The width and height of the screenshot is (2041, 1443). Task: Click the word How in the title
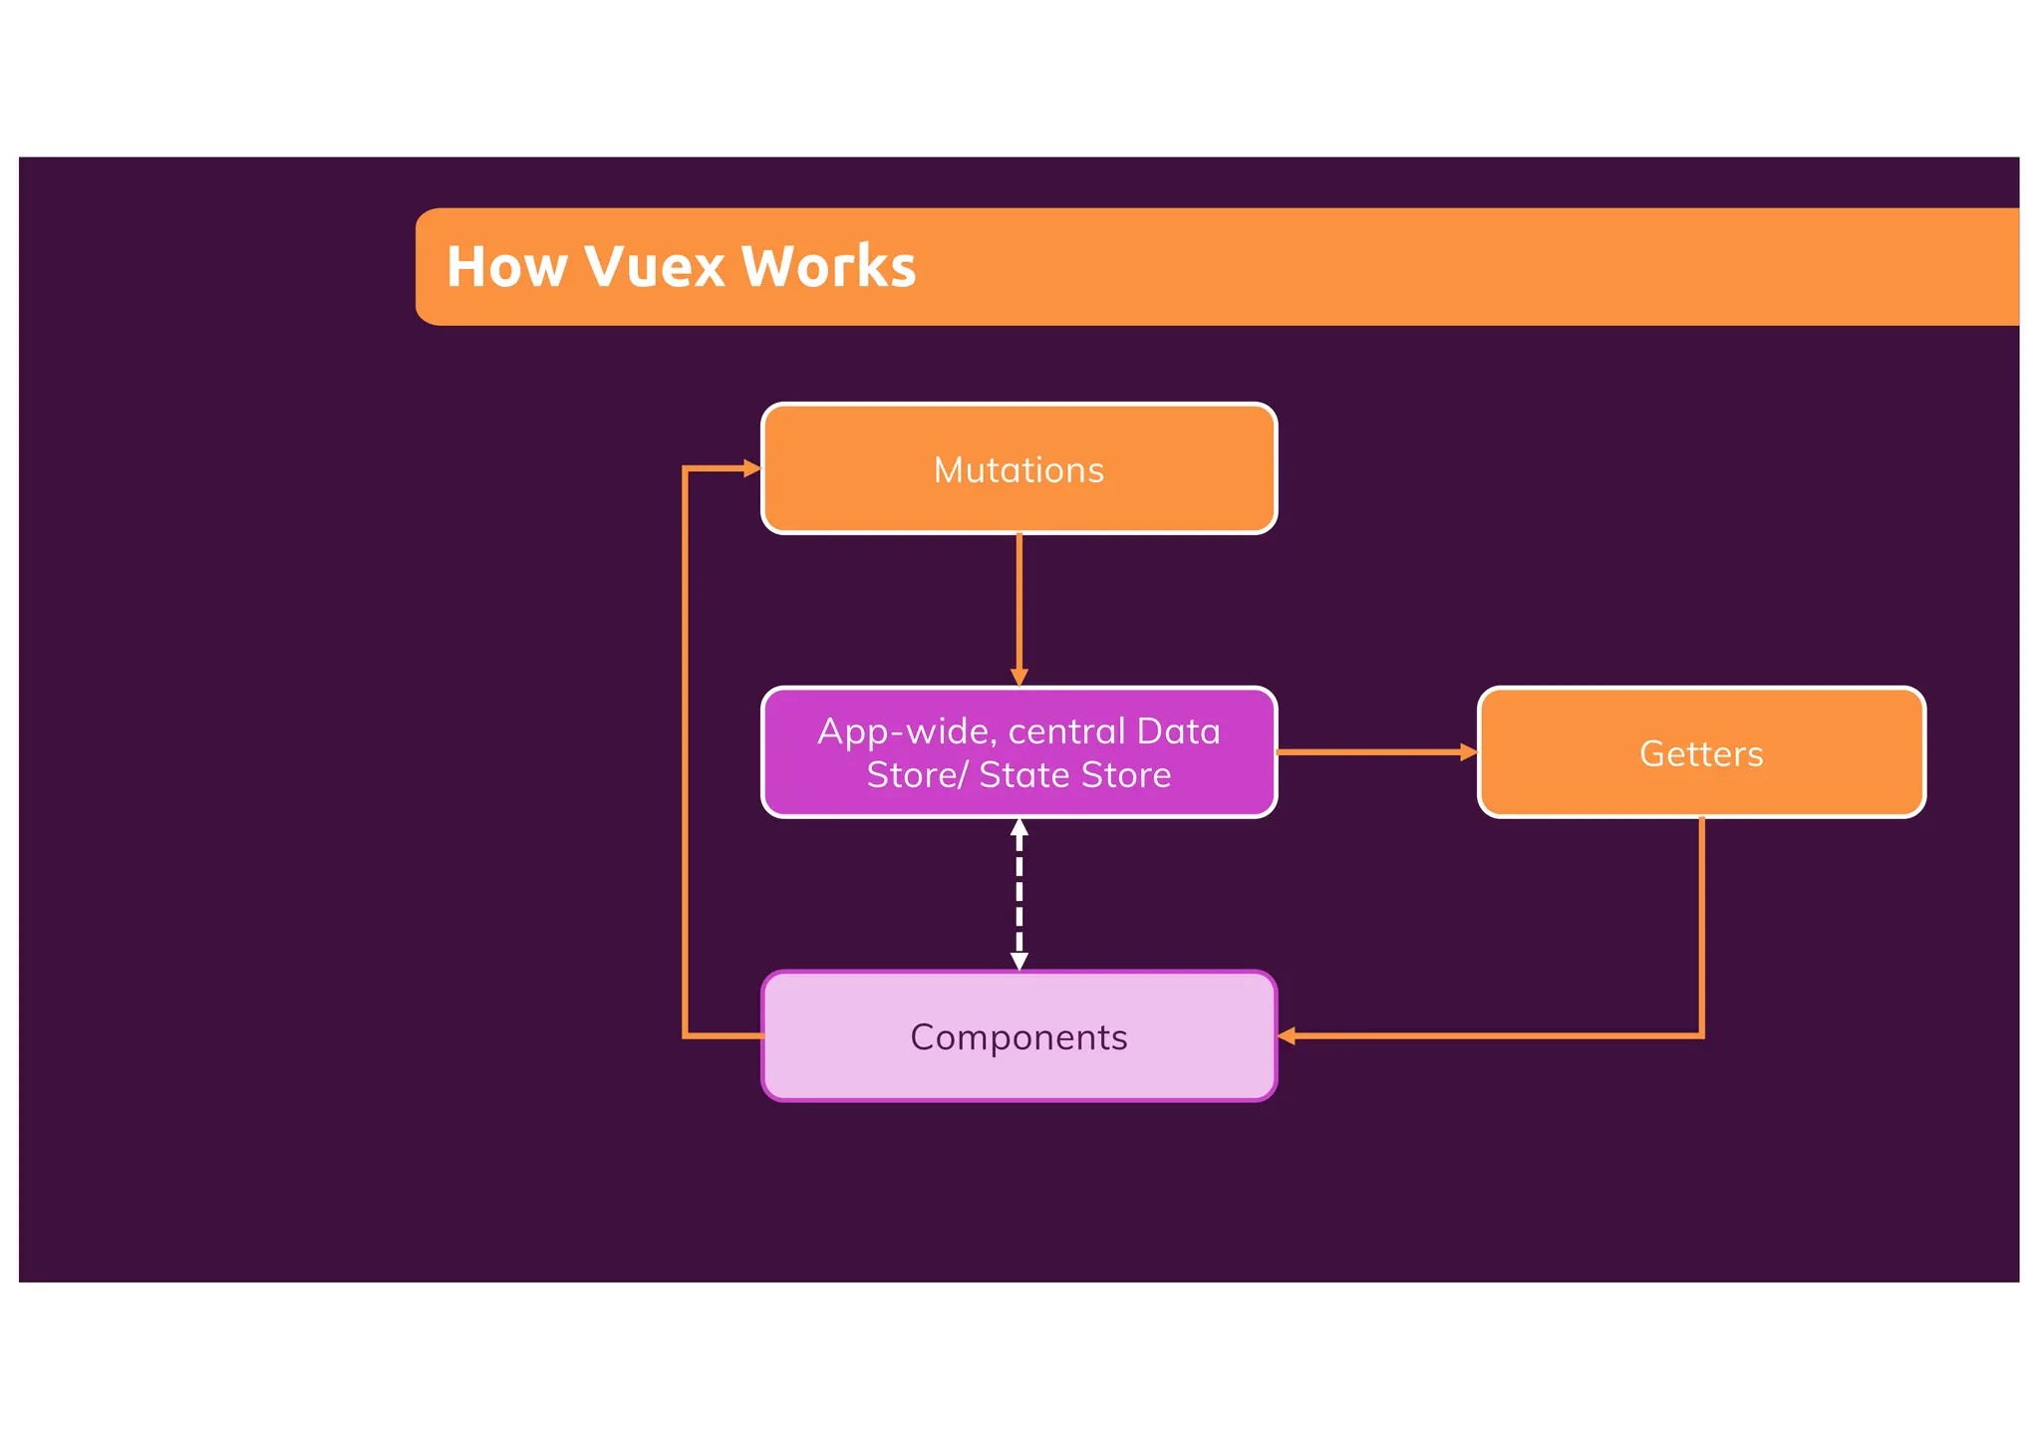[506, 267]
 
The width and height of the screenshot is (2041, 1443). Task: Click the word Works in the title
[828, 267]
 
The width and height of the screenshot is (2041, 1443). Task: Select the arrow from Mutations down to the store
[1019, 608]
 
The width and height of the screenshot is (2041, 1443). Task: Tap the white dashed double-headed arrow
[1019, 894]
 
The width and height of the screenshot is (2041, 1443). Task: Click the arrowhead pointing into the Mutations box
[752, 468]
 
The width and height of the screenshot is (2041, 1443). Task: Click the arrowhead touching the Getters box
[1468, 752]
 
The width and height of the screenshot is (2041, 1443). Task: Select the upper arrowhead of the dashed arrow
[1019, 827]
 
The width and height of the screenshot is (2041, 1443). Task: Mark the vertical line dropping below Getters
[1701, 927]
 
